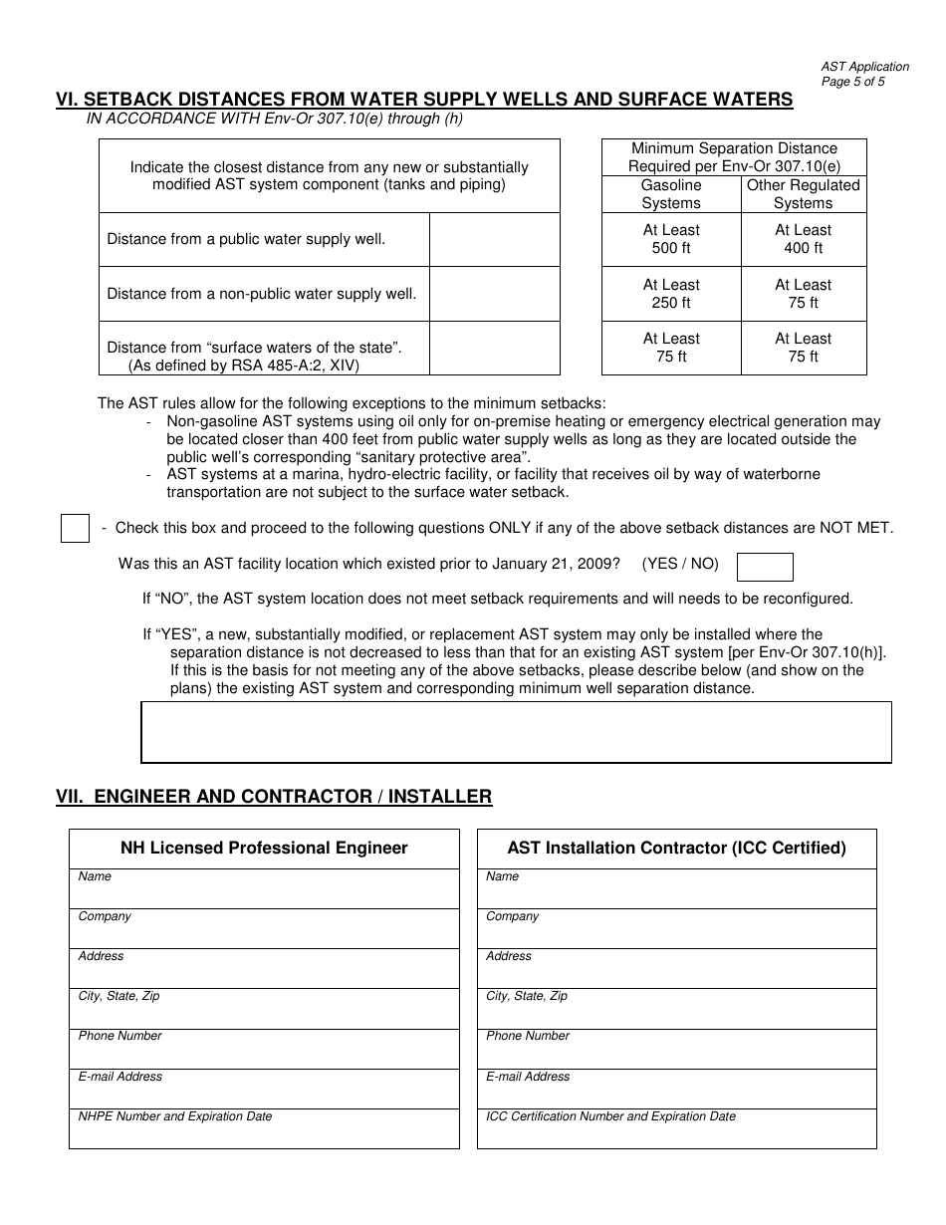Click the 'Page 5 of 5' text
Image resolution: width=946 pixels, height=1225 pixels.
852,82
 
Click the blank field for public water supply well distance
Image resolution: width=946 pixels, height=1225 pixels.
494,239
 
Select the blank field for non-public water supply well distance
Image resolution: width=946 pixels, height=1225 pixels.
494,294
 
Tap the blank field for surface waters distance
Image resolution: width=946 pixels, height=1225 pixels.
494,348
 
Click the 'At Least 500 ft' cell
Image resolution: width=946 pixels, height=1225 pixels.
671,239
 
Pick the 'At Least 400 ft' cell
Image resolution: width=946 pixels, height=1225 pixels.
803,239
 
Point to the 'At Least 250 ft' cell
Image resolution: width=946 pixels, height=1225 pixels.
671,294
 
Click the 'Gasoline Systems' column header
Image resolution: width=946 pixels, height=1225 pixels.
671,194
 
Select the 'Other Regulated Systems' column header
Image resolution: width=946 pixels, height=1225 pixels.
803,194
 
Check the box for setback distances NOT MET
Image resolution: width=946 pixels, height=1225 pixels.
76,528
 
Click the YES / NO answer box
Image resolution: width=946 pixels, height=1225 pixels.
764,567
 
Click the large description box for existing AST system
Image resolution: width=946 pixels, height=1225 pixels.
516,732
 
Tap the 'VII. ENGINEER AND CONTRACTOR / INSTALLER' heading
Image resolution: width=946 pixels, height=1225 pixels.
274,797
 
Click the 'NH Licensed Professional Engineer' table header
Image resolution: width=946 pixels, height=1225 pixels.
264,849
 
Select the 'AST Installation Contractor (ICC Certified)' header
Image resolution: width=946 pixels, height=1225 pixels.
676,849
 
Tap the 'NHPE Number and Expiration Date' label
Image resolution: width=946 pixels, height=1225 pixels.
175,1116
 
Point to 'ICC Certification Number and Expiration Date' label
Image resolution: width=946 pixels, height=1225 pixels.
610,1116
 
